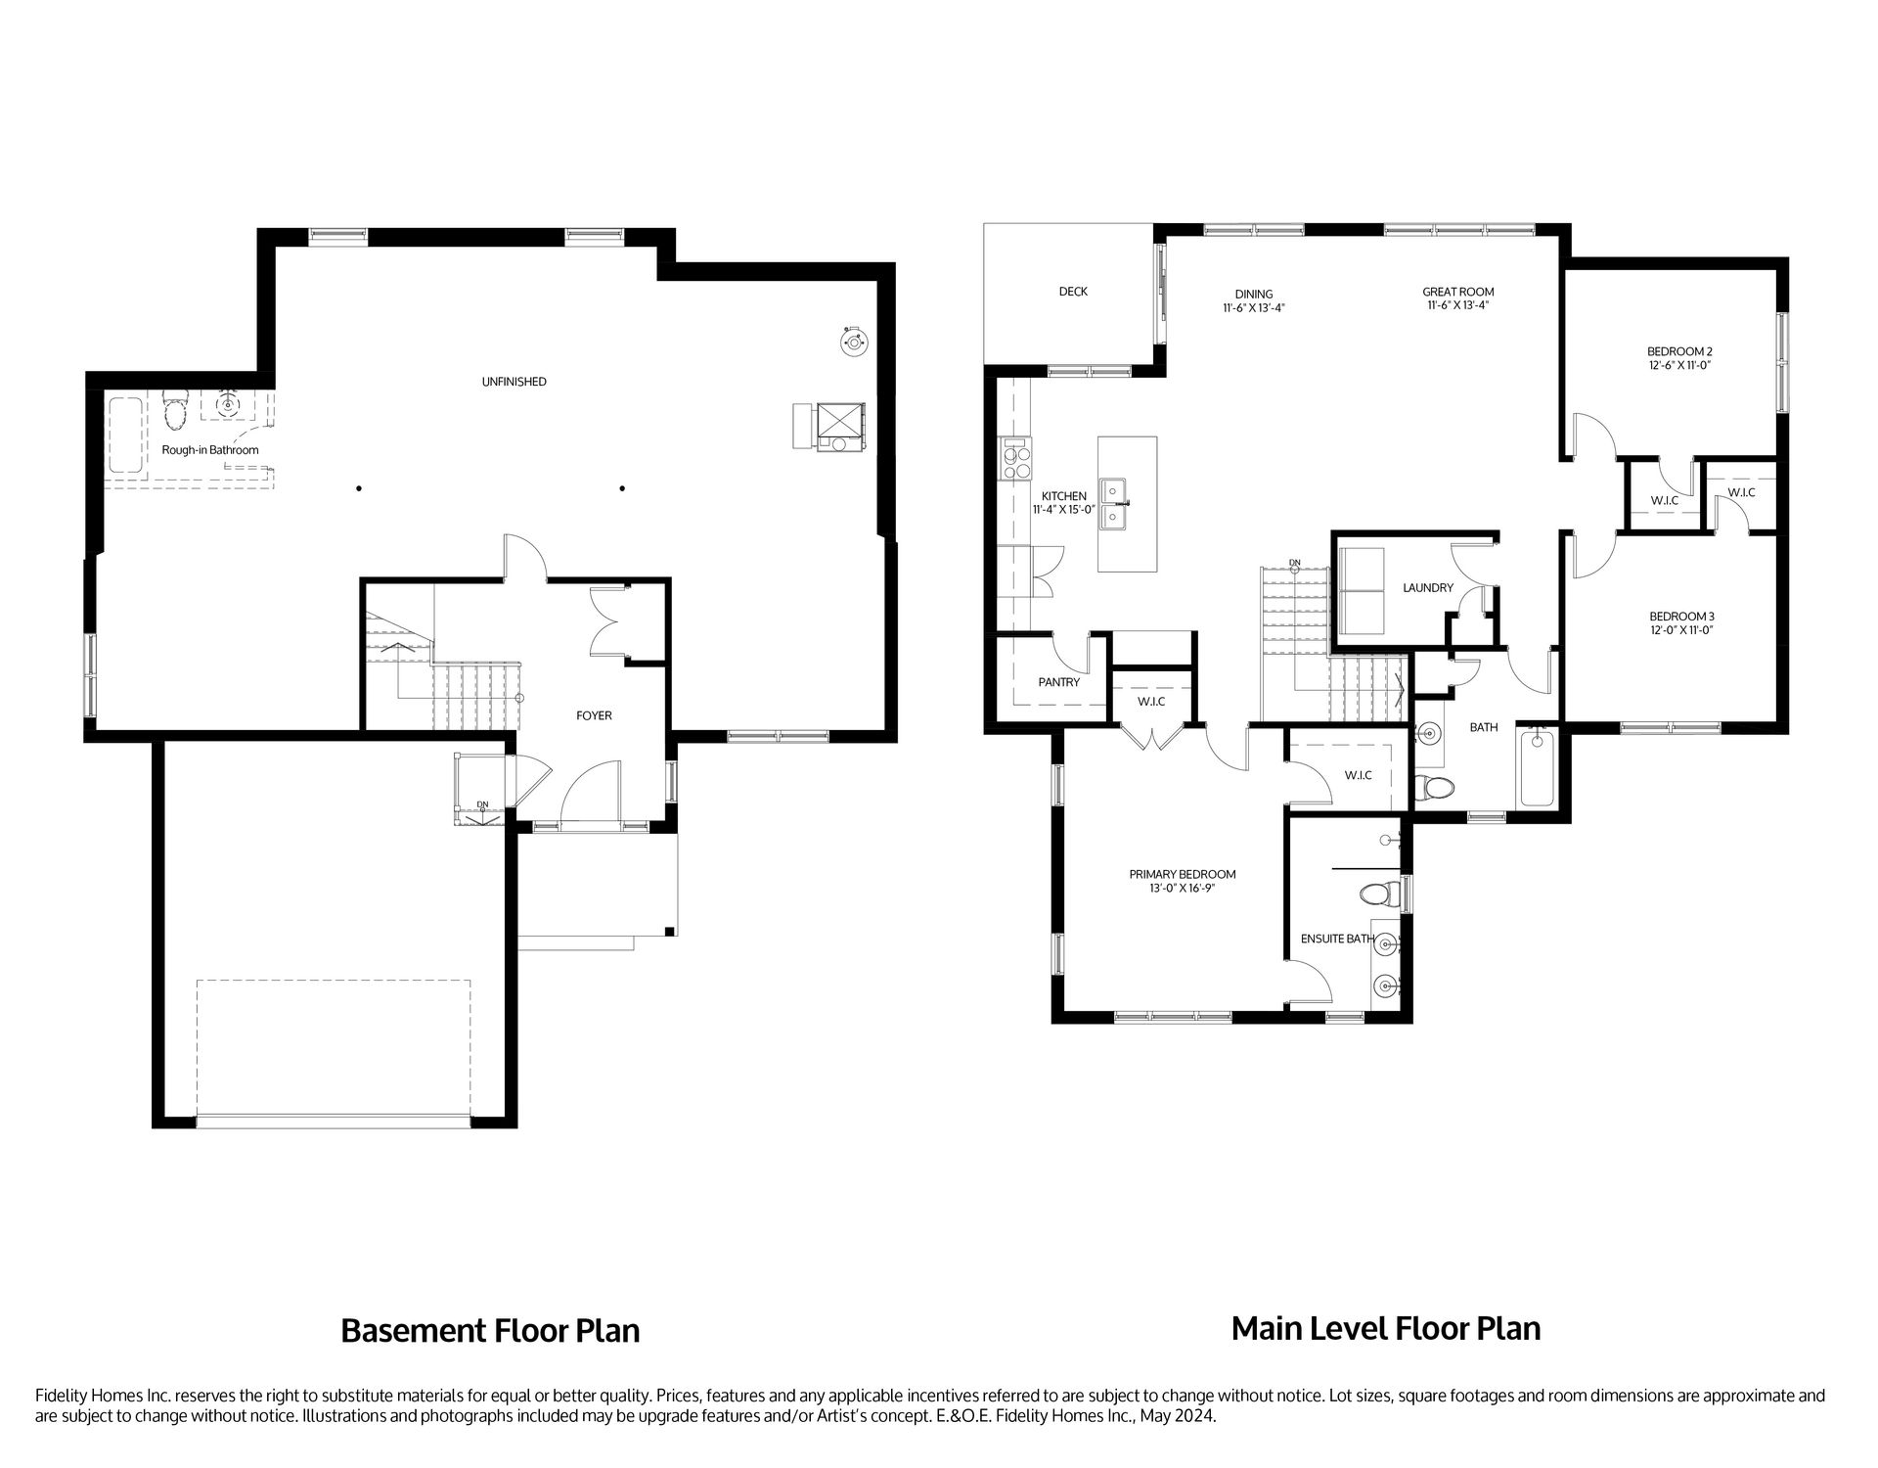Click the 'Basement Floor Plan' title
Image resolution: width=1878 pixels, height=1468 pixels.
coord(490,1331)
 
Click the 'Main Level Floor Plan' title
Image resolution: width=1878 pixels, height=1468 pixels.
coord(1385,1328)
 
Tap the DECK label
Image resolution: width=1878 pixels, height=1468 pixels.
coord(1073,292)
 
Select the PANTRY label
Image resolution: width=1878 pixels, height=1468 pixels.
coord(1058,682)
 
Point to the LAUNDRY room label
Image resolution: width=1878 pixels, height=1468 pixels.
coord(1427,588)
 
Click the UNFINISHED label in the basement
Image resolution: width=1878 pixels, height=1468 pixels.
coord(514,382)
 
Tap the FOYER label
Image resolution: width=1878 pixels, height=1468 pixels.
coord(594,715)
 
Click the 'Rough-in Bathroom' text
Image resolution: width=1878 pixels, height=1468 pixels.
coord(210,450)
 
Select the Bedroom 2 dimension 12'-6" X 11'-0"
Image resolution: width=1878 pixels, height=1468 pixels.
coord(1679,365)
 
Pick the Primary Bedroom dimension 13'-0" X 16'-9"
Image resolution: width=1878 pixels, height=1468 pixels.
coord(1182,889)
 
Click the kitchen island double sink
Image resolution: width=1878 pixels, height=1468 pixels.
coord(1112,503)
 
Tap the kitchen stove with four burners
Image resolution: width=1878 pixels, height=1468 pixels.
coord(1016,461)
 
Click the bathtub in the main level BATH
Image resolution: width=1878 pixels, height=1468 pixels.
coord(1535,768)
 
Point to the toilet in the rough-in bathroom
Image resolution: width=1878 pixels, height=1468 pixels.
coord(175,412)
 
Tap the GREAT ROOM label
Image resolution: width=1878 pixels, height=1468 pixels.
coord(1457,292)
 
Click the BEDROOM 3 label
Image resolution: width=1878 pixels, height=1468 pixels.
coord(1681,617)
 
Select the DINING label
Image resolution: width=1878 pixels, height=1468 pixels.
coord(1253,294)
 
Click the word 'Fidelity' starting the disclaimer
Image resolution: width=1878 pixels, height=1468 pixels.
coord(61,1396)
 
